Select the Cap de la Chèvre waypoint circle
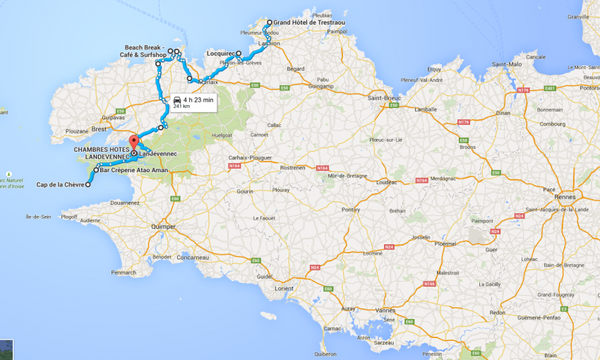point(88,184)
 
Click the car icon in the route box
point(176,100)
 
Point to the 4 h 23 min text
point(198,100)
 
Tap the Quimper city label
point(162,227)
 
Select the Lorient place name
point(284,288)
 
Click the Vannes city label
point(385,310)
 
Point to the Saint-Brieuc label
point(384,97)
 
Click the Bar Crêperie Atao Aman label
point(134,170)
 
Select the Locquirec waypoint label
point(221,53)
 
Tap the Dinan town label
point(502,112)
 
